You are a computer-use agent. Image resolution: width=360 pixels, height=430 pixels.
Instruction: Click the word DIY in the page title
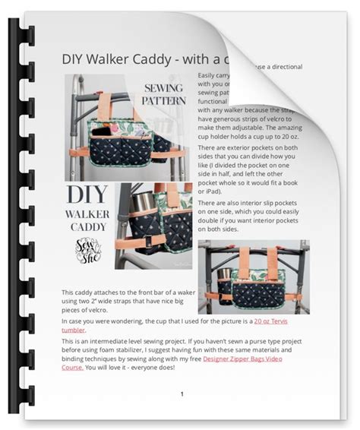pos(74,60)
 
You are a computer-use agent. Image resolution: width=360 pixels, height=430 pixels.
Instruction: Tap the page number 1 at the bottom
pos(182,394)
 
